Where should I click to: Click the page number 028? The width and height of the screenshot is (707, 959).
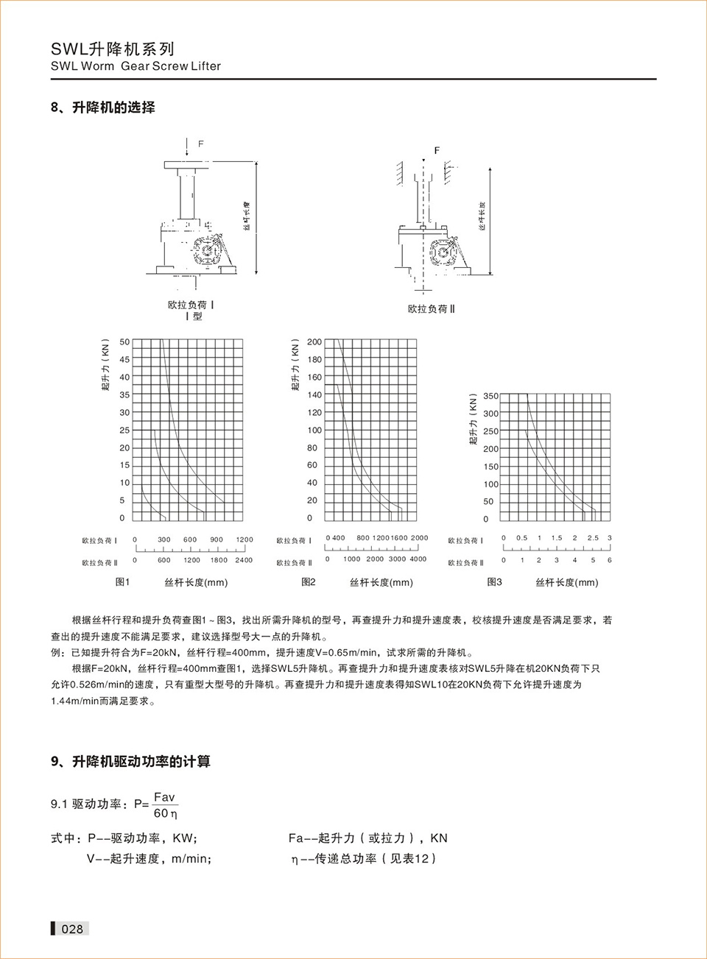[72, 929]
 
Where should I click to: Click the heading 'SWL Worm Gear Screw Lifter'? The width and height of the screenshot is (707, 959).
[136, 66]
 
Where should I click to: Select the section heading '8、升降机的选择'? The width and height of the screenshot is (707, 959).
[103, 107]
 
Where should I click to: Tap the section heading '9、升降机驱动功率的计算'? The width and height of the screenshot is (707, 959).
[130, 762]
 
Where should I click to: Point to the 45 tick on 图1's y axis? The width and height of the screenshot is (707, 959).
[124, 360]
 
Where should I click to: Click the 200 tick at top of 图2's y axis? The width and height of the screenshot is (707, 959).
[314, 342]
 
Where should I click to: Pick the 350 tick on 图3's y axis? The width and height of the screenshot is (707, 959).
[490, 396]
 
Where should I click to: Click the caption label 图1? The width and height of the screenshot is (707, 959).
[122, 582]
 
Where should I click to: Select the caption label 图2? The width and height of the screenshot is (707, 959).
[308, 582]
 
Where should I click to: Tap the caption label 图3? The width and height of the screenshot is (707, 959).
[494, 582]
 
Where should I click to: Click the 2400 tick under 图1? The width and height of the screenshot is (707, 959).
[243, 560]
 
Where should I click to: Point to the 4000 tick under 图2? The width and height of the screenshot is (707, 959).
[418, 559]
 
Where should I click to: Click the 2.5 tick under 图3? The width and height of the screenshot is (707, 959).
[593, 538]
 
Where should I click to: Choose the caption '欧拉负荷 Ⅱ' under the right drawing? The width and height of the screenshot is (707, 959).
[432, 309]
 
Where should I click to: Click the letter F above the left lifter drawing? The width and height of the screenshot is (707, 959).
[201, 144]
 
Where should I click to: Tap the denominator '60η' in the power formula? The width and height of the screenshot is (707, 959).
[165, 813]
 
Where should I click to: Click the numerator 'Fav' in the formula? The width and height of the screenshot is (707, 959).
[164, 797]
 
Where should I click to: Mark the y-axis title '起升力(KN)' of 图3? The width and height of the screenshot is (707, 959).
[474, 420]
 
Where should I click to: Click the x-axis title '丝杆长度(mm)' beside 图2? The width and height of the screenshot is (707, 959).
[381, 583]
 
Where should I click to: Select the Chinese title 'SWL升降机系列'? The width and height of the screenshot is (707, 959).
[113, 49]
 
